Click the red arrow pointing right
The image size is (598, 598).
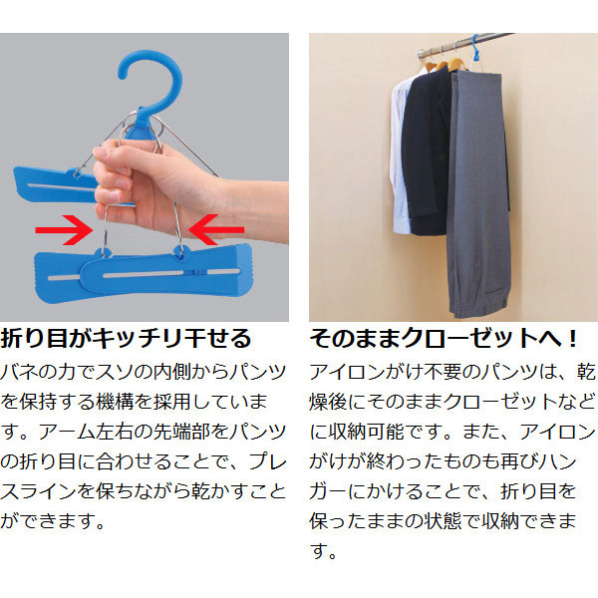tap(64, 229)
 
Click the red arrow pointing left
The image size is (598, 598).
tap(216, 229)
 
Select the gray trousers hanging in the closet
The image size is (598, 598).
tap(479, 190)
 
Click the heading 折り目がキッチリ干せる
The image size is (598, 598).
tap(126, 339)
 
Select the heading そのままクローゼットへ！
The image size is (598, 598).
tap(444, 339)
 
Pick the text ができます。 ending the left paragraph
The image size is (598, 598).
tap(53, 521)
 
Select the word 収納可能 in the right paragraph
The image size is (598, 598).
tap(367, 432)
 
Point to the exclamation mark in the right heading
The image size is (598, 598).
tap(572, 339)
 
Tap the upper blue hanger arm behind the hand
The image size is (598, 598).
tap(55, 185)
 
